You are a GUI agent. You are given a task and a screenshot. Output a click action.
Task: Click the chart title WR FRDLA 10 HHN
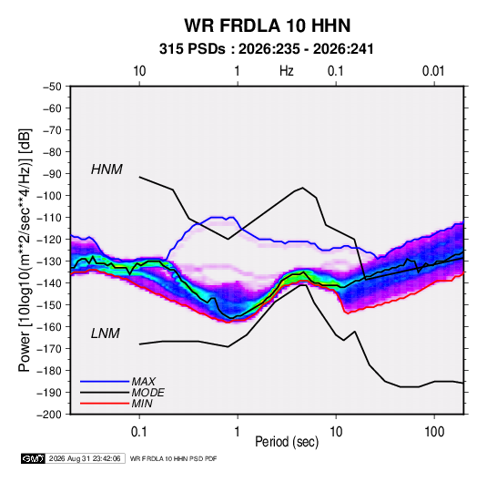[268, 26]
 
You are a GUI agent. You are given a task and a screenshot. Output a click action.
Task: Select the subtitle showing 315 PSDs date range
[266, 49]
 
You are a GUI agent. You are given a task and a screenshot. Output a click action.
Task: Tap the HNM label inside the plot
[107, 169]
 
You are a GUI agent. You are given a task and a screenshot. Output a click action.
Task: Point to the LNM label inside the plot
[106, 333]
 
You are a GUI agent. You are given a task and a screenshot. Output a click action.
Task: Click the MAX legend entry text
[143, 381]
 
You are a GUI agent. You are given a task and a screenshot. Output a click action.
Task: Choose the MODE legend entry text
[147, 393]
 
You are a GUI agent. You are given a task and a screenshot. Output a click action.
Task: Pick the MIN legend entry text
[142, 404]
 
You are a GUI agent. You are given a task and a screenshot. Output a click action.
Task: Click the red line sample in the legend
[105, 404]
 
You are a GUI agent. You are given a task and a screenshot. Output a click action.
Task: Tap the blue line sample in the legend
[105, 381]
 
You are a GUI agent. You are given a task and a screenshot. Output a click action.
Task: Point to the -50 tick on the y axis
[52, 87]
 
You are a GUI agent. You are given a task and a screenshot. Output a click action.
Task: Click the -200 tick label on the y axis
[49, 415]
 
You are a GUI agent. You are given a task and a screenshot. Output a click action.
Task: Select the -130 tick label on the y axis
[49, 262]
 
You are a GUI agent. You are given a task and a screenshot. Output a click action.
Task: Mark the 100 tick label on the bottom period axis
[434, 432]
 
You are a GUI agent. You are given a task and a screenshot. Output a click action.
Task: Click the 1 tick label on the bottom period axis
[238, 432]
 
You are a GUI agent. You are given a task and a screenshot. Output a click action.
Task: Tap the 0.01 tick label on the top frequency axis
[433, 71]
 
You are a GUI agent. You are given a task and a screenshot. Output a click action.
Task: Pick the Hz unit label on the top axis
[287, 71]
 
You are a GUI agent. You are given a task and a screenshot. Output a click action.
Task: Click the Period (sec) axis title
[287, 442]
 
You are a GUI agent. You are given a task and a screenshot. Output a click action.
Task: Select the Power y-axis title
[25, 250]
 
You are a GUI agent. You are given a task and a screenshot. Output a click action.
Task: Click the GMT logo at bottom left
[33, 458]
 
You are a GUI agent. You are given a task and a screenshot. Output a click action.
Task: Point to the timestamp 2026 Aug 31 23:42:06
[85, 458]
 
